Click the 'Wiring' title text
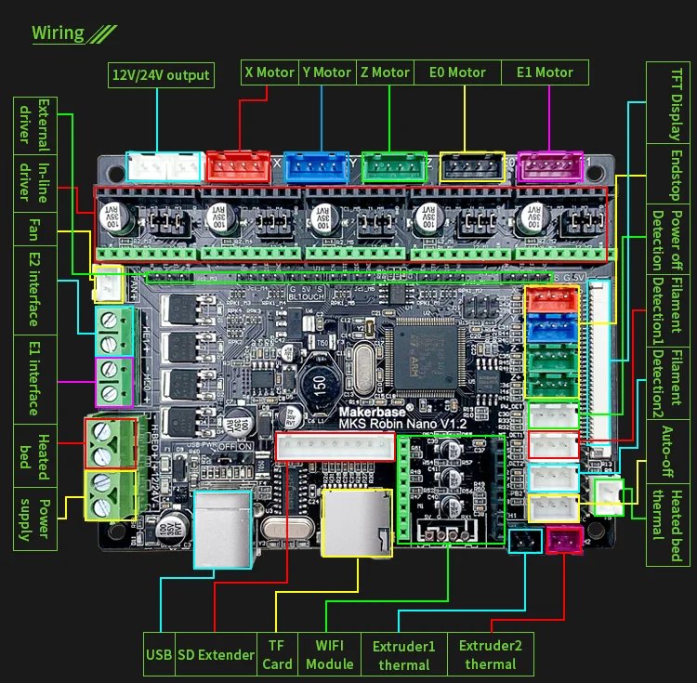click(59, 33)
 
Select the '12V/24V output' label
click(161, 74)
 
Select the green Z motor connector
click(394, 166)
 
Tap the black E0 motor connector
click(472, 166)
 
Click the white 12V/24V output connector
click(163, 166)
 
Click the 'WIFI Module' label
click(330, 654)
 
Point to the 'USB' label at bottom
click(159, 654)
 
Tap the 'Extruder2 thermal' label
click(491, 654)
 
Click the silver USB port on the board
click(223, 529)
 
